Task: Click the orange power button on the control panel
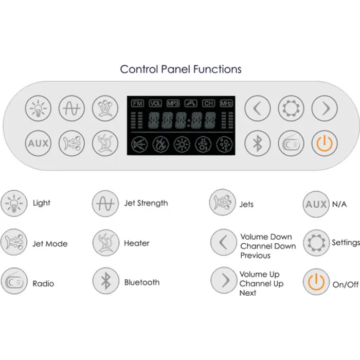pos(325,143)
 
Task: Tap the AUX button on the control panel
pos(38,143)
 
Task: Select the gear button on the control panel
pos(291,108)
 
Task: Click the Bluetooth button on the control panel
pos(257,143)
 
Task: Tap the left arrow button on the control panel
pos(257,108)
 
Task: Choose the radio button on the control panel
pos(291,143)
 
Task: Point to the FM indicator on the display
pos(137,103)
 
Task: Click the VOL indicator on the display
pos(155,103)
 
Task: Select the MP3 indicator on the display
pos(173,103)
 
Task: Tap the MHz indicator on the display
pos(226,103)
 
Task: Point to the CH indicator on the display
pos(208,103)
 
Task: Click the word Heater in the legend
pos(137,243)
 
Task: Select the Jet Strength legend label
pos(146,203)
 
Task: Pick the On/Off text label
pos(345,285)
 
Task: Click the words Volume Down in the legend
pos(266,237)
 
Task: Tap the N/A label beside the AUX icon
pos(339,204)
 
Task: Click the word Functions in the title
pos(217,69)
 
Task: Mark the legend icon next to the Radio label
pos(14,281)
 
